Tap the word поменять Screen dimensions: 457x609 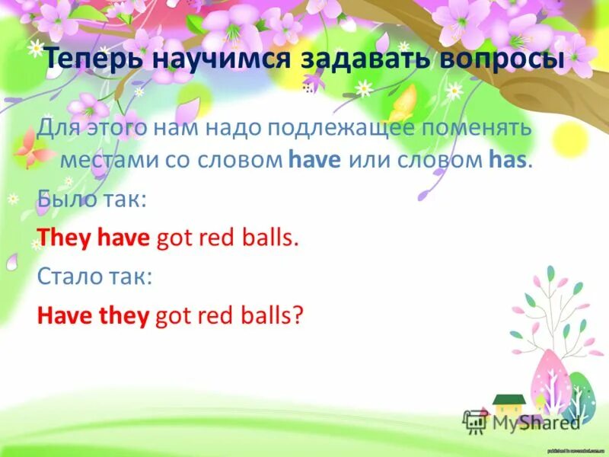point(478,127)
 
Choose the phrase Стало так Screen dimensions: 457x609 point(95,276)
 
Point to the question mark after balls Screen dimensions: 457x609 point(298,315)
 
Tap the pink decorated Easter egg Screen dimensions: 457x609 point(552,381)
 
